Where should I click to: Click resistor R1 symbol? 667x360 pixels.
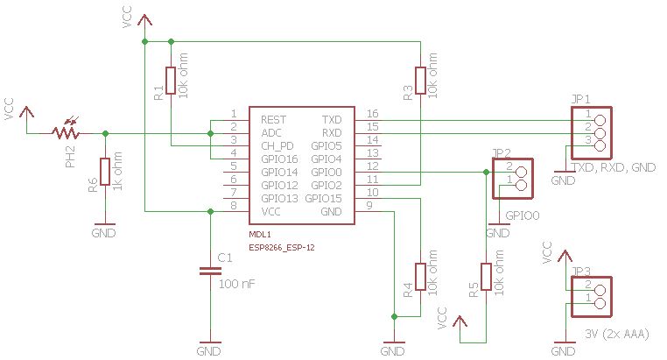[170, 81]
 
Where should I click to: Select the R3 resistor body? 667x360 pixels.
[420, 81]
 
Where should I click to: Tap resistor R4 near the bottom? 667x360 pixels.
[420, 277]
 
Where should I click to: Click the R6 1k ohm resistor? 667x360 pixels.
[105, 172]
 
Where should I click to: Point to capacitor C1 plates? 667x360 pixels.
[210, 271]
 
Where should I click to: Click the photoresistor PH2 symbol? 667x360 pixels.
[65, 133]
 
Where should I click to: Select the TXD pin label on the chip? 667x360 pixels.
[332, 118]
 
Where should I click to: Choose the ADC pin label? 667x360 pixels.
[271, 132]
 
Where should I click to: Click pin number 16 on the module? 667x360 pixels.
[372, 115]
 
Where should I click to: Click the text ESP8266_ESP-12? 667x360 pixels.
[282, 248]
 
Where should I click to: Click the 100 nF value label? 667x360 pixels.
[237, 284]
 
